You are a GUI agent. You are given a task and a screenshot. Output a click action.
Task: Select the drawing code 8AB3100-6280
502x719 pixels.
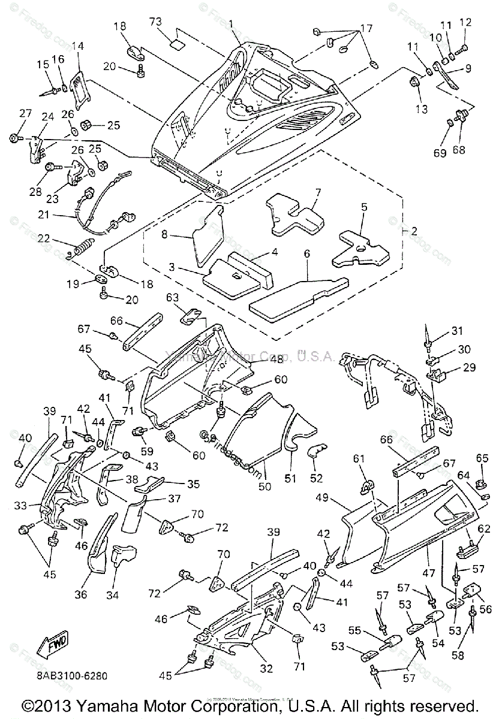[x=71, y=675]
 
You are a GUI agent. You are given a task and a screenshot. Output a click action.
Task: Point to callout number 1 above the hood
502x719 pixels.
[x=230, y=23]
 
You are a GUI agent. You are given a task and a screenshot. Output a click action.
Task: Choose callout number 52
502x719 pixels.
[x=316, y=478]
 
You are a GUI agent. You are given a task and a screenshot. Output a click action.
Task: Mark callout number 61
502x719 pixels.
[x=358, y=459]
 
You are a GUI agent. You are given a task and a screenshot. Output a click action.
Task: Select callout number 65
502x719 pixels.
[x=482, y=458]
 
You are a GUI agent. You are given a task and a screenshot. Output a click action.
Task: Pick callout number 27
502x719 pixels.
[x=25, y=114]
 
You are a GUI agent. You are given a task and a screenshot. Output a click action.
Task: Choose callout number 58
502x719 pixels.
[x=458, y=656]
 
